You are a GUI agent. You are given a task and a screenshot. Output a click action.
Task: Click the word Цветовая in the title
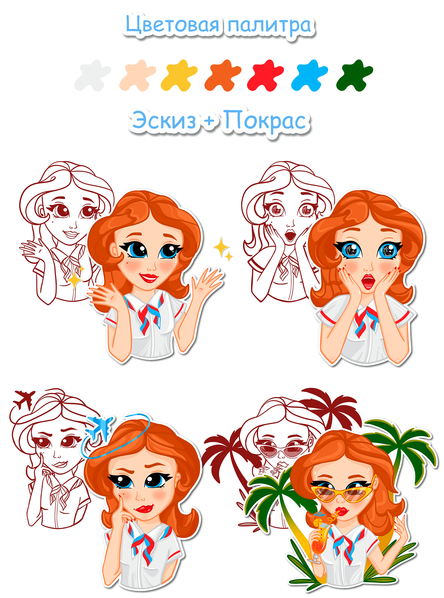pos(173,25)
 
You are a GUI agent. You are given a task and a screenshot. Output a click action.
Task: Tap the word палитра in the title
pos(270,26)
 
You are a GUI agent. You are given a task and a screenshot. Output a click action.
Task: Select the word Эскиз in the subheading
pos(164,121)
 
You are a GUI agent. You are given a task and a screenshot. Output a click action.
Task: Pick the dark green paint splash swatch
pos(355,76)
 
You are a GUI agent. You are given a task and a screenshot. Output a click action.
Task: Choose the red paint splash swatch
pos(265,76)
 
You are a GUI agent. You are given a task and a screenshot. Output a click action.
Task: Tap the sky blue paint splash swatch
pos(309,76)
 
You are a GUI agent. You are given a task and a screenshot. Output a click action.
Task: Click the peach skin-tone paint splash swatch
pos(138,76)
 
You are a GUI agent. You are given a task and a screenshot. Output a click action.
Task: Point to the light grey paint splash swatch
pos(92,76)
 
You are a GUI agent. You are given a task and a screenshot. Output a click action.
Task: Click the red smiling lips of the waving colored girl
pos(148,278)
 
